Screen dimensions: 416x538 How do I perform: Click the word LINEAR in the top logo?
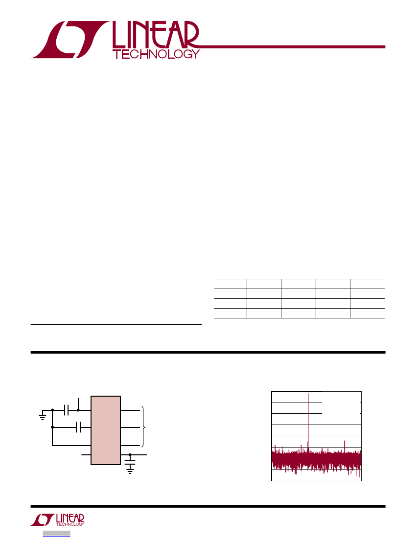click(156, 35)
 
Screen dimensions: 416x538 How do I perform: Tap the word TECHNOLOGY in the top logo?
click(156, 54)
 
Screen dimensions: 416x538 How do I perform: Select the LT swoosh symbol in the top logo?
click(70, 40)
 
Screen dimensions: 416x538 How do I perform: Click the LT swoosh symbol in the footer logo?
click(43, 520)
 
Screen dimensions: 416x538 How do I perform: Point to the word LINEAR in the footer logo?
click(70, 518)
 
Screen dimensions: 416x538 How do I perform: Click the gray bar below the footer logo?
click(57, 534)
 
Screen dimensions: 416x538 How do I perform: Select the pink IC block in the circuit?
click(106, 430)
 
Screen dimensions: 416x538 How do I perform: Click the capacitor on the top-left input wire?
click(67, 410)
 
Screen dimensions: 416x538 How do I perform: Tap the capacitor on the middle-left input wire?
click(78, 427)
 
